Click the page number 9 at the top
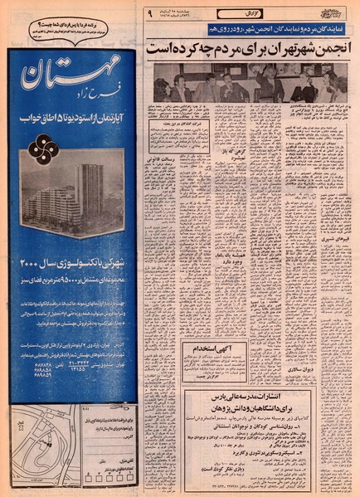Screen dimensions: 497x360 pos(150,14)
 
